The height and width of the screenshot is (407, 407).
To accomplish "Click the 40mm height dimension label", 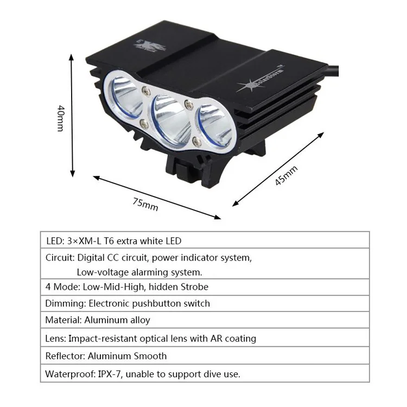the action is click(x=59, y=118).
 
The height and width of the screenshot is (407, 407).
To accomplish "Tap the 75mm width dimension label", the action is click(x=145, y=204).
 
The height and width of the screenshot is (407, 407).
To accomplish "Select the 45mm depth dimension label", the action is click(x=286, y=175).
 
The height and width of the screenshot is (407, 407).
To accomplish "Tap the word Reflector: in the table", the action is click(x=65, y=356).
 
